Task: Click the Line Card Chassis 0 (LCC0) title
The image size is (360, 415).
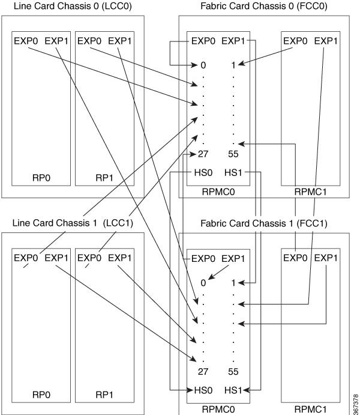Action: point(73,6)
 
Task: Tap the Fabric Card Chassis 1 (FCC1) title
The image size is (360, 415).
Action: point(264,223)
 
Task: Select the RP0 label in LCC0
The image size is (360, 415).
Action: point(41,178)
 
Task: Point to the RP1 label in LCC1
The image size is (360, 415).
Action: point(104,395)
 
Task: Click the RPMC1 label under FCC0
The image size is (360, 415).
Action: point(311,192)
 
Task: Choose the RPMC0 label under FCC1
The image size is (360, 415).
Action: point(218,409)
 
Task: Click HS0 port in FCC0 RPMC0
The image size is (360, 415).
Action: point(203,172)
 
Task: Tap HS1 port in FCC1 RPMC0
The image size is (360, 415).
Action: point(233,390)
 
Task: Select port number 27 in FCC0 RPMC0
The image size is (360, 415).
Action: point(203,154)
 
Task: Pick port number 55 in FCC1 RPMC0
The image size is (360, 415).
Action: point(233,372)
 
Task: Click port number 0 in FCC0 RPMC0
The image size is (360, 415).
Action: point(203,65)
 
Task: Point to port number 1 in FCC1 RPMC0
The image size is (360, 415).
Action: point(233,283)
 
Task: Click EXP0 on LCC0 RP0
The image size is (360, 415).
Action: point(26,41)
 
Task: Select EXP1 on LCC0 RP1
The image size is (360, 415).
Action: point(120,41)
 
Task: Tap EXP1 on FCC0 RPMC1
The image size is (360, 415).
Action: point(326,41)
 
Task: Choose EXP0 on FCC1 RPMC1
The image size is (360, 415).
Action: point(295,258)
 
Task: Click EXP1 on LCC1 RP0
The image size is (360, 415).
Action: point(56,258)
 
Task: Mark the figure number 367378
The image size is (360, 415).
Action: point(356,404)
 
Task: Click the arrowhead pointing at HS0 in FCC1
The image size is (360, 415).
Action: point(190,390)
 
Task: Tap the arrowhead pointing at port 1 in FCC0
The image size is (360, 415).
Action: point(241,64)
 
